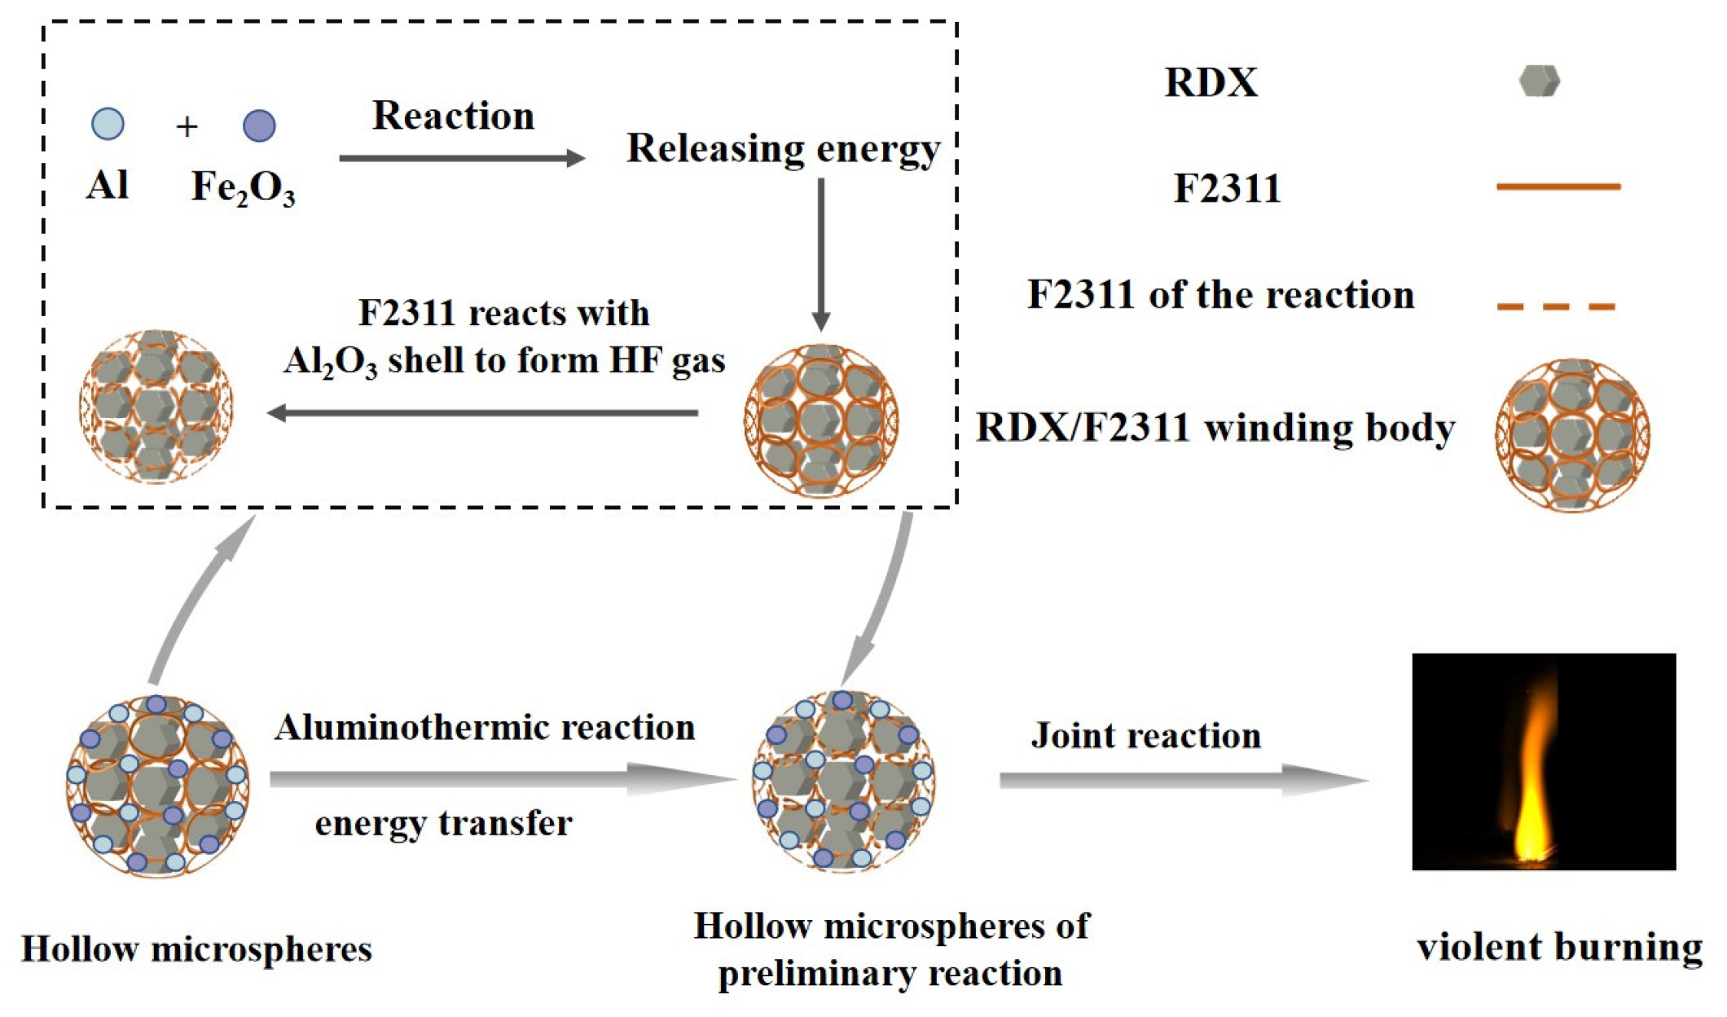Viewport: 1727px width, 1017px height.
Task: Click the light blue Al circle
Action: point(108,124)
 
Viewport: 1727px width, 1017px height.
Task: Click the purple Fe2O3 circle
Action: point(259,125)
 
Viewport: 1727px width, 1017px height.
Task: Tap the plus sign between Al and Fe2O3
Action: point(187,126)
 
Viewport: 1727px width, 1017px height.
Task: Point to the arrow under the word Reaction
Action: point(461,157)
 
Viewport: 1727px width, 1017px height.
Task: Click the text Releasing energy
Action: point(783,149)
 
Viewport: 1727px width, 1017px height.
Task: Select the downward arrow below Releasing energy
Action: point(821,253)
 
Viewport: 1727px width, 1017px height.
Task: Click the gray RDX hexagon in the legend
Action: point(1539,81)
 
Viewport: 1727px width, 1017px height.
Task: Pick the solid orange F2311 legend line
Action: point(1558,187)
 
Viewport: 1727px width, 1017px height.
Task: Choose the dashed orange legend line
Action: point(1556,307)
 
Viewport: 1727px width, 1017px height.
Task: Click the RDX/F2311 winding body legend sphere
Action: point(1572,434)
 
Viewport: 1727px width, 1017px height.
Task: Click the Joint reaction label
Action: point(1145,736)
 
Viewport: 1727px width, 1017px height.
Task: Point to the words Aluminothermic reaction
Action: point(485,728)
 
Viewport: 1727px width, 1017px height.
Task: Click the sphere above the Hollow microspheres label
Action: point(157,785)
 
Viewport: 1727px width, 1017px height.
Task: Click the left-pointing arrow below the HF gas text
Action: point(482,413)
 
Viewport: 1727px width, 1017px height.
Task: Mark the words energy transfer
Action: point(443,824)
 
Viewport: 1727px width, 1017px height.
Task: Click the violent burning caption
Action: point(1559,948)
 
